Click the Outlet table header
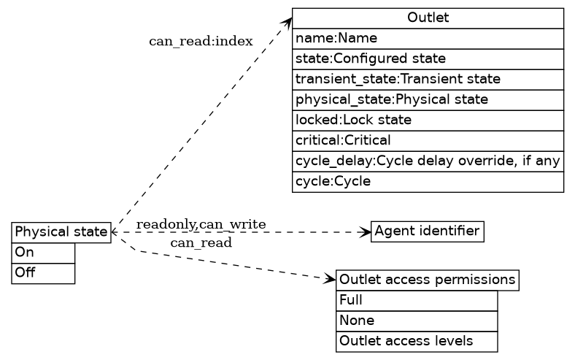[428, 18]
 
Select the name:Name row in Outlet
[428, 38]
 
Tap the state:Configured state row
[428, 58]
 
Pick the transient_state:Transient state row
[428, 79]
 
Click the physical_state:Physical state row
[428, 99]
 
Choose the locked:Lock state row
[428, 120]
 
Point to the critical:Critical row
[428, 140]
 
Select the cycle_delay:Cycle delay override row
[428, 161]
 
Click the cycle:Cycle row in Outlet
[428, 181]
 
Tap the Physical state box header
[61, 233]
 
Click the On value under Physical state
[43, 253]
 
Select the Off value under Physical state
[43, 273]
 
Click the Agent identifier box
[427, 232]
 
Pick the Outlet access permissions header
[427, 280]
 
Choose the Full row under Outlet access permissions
[416, 300]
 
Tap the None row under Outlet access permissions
[416, 321]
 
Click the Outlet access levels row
[416, 341]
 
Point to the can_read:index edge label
[201, 42]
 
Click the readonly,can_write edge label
[201, 223]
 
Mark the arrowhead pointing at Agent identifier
[367, 232]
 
